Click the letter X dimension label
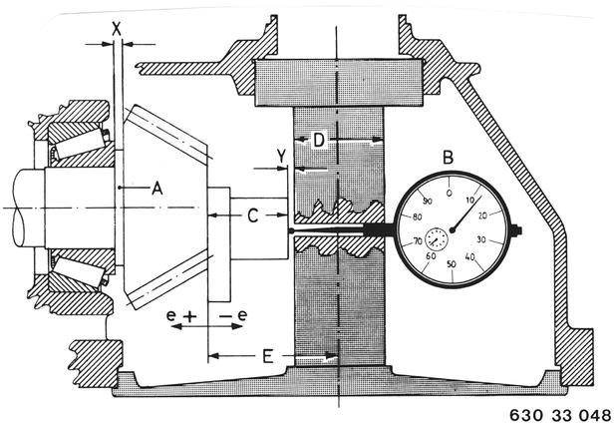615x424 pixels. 117,29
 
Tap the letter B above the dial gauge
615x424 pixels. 448,156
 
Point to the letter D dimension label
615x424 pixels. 318,141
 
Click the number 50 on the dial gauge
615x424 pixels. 453,263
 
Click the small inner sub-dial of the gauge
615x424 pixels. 436,238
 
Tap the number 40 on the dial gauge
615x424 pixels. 476,255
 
